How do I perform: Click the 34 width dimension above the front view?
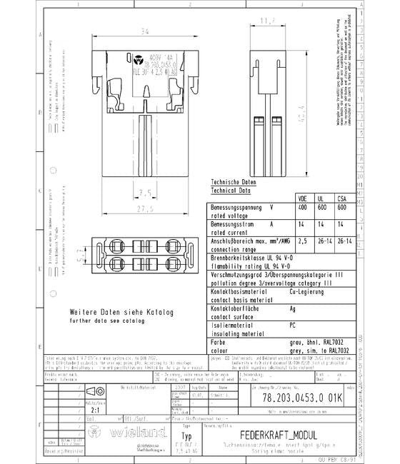tap(144, 31)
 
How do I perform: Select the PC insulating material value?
tap(293, 325)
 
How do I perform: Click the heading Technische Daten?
tap(231, 183)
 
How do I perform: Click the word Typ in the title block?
tap(188, 436)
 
